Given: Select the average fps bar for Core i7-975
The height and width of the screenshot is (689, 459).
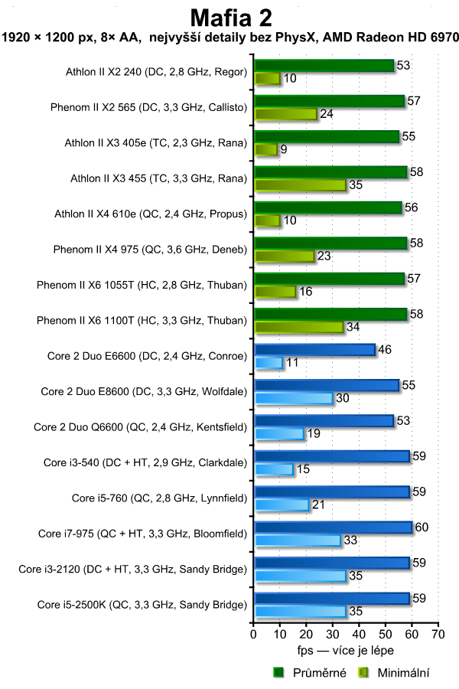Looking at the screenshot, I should pos(333,527).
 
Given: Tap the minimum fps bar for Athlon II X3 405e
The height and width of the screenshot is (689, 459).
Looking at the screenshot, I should pos(265,149).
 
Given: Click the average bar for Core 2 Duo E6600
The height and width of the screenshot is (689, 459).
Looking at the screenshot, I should pos(314,350).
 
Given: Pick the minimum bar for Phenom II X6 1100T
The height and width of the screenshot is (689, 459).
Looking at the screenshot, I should pos(299,328).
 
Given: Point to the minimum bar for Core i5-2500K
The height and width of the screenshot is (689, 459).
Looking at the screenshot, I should pos(300,611).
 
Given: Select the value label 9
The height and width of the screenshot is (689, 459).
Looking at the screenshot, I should pos(284,149).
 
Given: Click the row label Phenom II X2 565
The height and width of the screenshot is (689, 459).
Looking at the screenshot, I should pos(148,107).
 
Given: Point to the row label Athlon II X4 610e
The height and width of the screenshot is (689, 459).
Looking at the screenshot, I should pos(151,214).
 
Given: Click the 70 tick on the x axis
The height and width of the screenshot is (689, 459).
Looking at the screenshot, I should pos(438,635).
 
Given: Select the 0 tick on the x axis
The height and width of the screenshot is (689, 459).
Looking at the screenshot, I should pos(253,635).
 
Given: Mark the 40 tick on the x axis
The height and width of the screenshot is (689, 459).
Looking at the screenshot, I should pos(359,635).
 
